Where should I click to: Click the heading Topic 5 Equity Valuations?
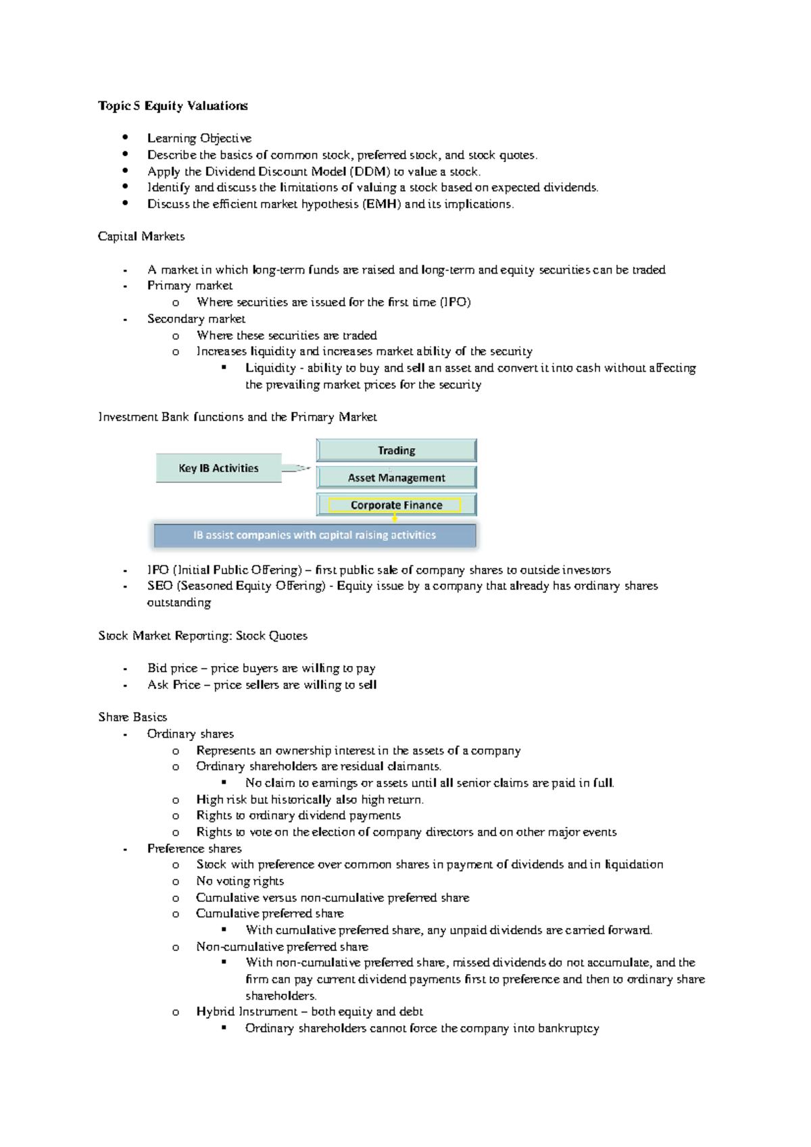tap(173, 105)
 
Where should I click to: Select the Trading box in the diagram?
tap(396, 451)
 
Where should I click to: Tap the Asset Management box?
tap(396, 478)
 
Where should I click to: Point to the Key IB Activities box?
tap(218, 468)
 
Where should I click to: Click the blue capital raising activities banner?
tap(315, 535)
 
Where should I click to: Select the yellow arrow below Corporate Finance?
tap(395, 518)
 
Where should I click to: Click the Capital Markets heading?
tap(141, 236)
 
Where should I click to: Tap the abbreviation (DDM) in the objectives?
tap(370, 172)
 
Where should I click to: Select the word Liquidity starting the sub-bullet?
tap(270, 368)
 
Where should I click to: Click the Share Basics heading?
tap(132, 717)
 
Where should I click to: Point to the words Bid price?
tap(172, 668)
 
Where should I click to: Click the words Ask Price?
tap(174, 684)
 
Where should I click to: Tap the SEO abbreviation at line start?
tap(159, 586)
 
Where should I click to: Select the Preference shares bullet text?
tap(194, 848)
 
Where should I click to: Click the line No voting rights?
tap(240, 881)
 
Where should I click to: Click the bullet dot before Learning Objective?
tap(125, 137)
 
